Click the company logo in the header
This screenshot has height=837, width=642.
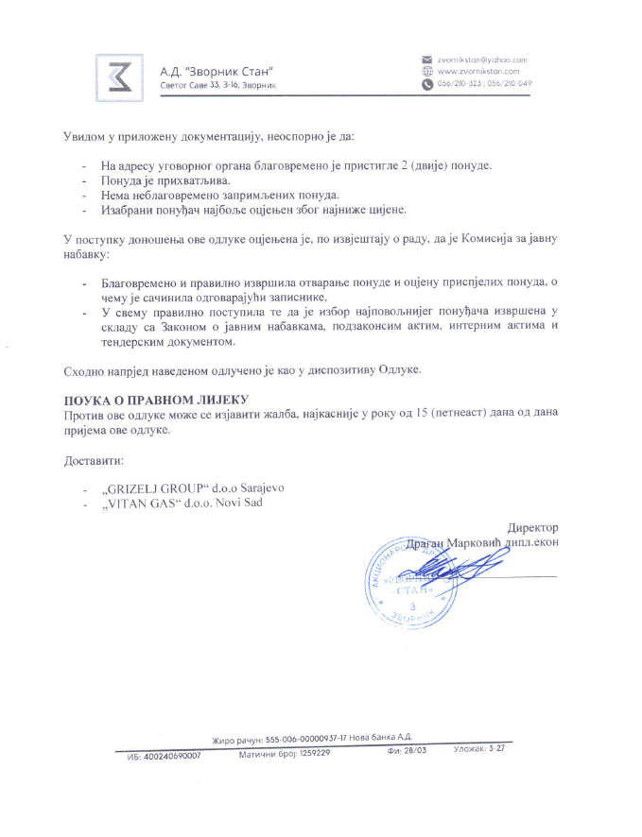[121, 74]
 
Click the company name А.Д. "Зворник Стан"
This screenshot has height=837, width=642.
[217, 71]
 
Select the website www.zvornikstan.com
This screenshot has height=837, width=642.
[478, 71]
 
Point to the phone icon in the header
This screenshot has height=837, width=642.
[426, 83]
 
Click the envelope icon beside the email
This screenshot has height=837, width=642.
[426, 60]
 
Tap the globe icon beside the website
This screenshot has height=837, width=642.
[426, 71]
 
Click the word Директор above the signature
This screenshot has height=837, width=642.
[533, 527]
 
